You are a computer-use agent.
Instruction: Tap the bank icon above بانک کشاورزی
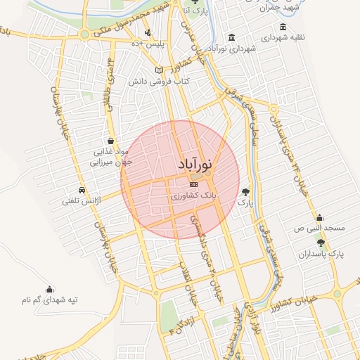coord(194,184)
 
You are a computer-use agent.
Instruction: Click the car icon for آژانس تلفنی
coord(82,191)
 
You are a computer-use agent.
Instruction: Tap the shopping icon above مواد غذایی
coord(110,141)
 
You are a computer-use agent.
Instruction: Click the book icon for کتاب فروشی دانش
coord(159,70)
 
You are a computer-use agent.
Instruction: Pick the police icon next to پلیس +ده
coord(148,32)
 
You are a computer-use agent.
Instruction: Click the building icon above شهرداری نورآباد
coord(231,38)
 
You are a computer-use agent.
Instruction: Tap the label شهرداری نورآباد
coord(231,49)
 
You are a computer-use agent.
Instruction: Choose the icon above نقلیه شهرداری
coord(283,27)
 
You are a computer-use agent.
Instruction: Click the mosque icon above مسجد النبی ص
coord(320,217)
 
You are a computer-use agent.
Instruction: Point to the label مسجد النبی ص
coord(320,229)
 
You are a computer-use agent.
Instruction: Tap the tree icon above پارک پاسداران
coord(321,243)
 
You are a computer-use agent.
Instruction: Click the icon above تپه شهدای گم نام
coord(49,289)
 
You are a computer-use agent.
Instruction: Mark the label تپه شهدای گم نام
coord(49,300)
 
